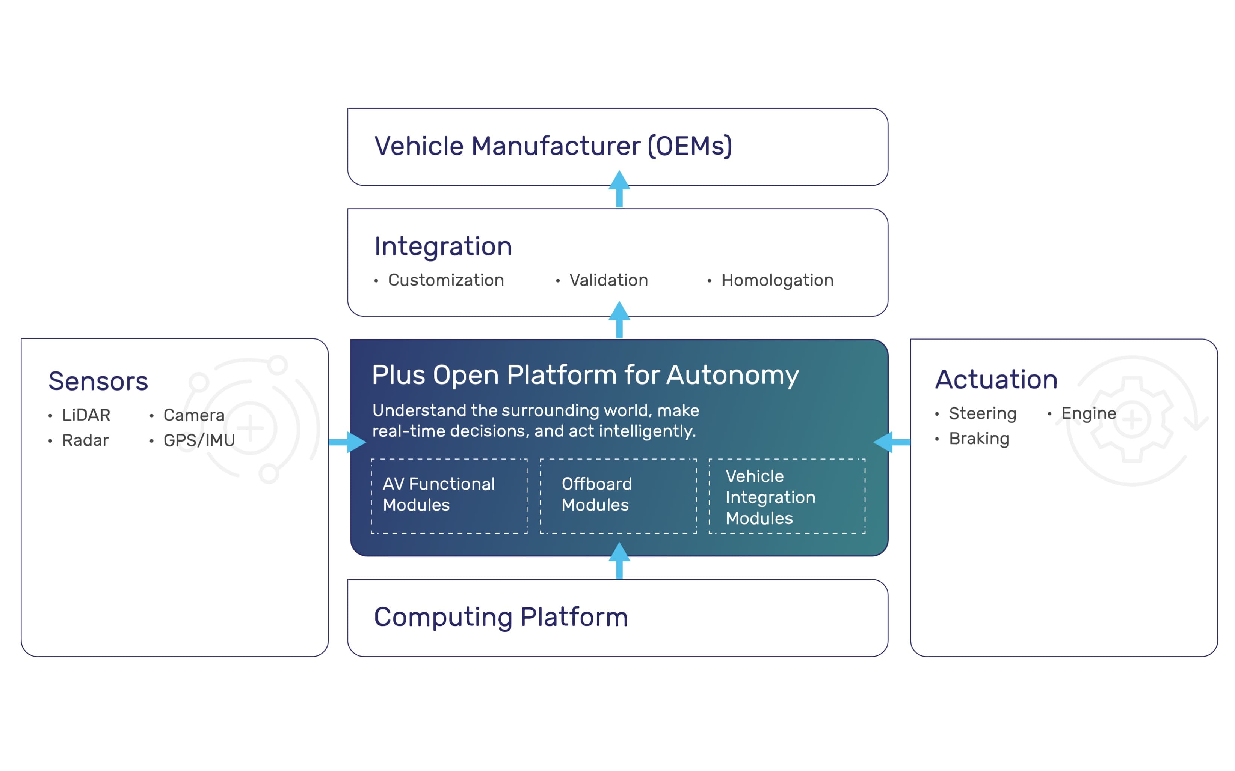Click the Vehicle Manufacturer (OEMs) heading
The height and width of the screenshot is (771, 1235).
(553, 146)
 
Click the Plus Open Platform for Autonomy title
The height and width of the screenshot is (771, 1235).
(585, 375)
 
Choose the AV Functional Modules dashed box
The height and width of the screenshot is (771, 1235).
(449, 496)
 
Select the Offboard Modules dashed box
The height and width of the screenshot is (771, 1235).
(618, 496)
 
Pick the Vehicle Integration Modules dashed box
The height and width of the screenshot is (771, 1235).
(787, 496)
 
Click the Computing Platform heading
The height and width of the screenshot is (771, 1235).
(501, 617)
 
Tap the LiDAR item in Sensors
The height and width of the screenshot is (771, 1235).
(86, 415)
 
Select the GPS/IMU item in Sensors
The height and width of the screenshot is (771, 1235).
(199, 440)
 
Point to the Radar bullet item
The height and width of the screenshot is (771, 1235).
(85, 440)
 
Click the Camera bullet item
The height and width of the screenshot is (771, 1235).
(193, 415)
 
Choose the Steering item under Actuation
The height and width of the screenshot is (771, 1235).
(982, 413)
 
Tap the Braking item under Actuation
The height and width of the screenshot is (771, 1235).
(978, 439)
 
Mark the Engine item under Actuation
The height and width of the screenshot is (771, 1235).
(1088, 413)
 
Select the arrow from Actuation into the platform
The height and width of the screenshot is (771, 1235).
(892, 442)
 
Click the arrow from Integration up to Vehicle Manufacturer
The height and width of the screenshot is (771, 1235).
(619, 190)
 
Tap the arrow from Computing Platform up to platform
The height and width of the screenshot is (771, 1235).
(619, 561)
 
